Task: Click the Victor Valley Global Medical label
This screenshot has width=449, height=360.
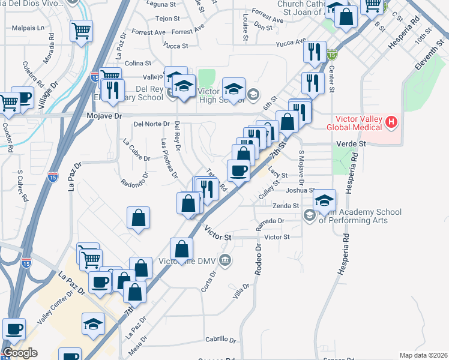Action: pos(354,122)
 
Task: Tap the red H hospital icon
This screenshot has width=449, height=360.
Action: pos(392,123)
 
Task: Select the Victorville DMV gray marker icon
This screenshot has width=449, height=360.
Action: pos(225,260)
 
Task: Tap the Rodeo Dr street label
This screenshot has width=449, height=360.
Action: pos(259,259)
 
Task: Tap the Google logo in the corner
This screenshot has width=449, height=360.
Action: pos(20,353)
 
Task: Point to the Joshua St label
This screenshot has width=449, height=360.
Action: pos(300,190)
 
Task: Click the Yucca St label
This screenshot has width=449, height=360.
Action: pos(177,46)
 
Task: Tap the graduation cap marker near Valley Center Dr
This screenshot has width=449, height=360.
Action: pos(94,324)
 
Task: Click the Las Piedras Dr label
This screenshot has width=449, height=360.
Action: pos(169,157)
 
